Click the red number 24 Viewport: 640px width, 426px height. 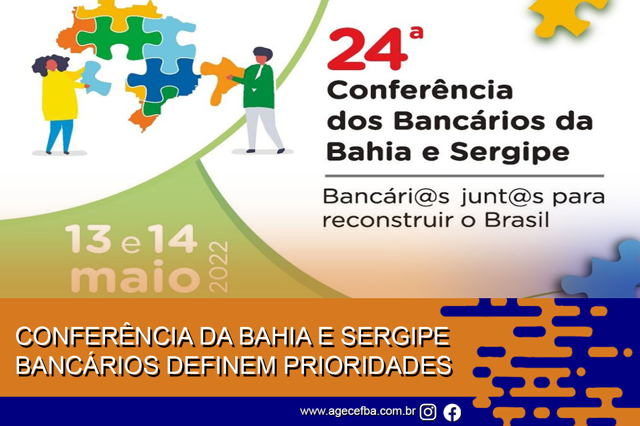(x=368, y=49)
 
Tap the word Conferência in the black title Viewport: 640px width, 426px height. (x=420, y=89)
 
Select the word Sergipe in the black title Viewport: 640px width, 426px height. (x=510, y=152)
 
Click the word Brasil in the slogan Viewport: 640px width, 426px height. (x=517, y=220)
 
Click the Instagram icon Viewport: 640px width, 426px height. (x=428, y=412)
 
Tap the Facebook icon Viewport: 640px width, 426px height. (x=452, y=412)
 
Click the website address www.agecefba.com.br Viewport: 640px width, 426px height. (x=358, y=411)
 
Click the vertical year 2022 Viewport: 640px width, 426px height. (x=218, y=267)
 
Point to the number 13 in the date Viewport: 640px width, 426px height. (x=88, y=239)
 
